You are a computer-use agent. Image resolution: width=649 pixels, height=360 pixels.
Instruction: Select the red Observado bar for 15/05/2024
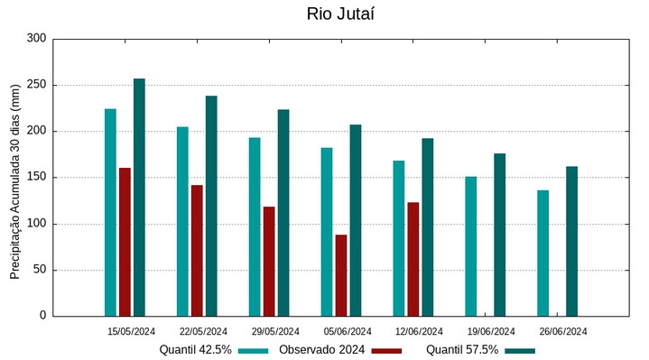[125, 242]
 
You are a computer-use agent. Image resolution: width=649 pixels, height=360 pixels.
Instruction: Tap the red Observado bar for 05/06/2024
[341, 275]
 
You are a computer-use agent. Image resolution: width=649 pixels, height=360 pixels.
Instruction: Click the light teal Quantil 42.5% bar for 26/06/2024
[542, 253]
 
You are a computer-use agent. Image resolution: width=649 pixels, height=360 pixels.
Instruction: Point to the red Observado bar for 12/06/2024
[413, 259]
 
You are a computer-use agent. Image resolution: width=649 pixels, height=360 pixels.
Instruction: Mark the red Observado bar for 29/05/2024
[269, 261]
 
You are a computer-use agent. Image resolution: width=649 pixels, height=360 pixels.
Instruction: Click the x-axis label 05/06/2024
[348, 331]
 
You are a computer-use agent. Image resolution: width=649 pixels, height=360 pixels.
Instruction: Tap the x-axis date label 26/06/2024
[563, 331]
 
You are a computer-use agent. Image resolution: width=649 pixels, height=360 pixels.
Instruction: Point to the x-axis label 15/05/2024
[131, 331]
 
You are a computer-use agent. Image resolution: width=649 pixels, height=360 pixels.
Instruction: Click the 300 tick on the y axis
[36, 39]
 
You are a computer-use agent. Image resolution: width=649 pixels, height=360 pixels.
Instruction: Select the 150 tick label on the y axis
[36, 178]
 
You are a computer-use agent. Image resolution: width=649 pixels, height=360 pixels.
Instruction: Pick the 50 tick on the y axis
[39, 270]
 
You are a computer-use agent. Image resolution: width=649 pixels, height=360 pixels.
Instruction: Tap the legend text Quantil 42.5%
[196, 350]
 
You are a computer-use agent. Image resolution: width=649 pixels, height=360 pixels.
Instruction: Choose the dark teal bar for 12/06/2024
[428, 226]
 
